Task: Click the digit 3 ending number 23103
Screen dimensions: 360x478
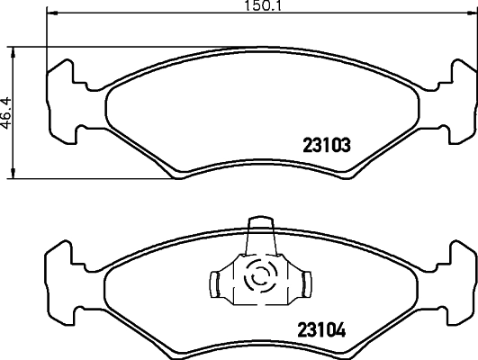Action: click(x=345, y=144)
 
